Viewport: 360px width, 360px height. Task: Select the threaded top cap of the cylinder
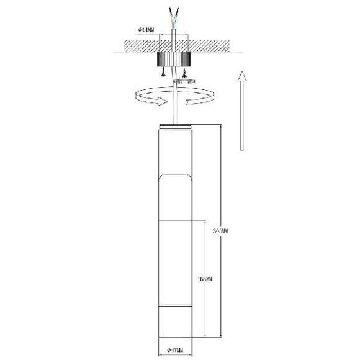(x=174, y=127)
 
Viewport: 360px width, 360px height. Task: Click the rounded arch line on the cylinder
(x=174, y=176)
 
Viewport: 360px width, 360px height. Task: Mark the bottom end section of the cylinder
(x=174, y=323)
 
